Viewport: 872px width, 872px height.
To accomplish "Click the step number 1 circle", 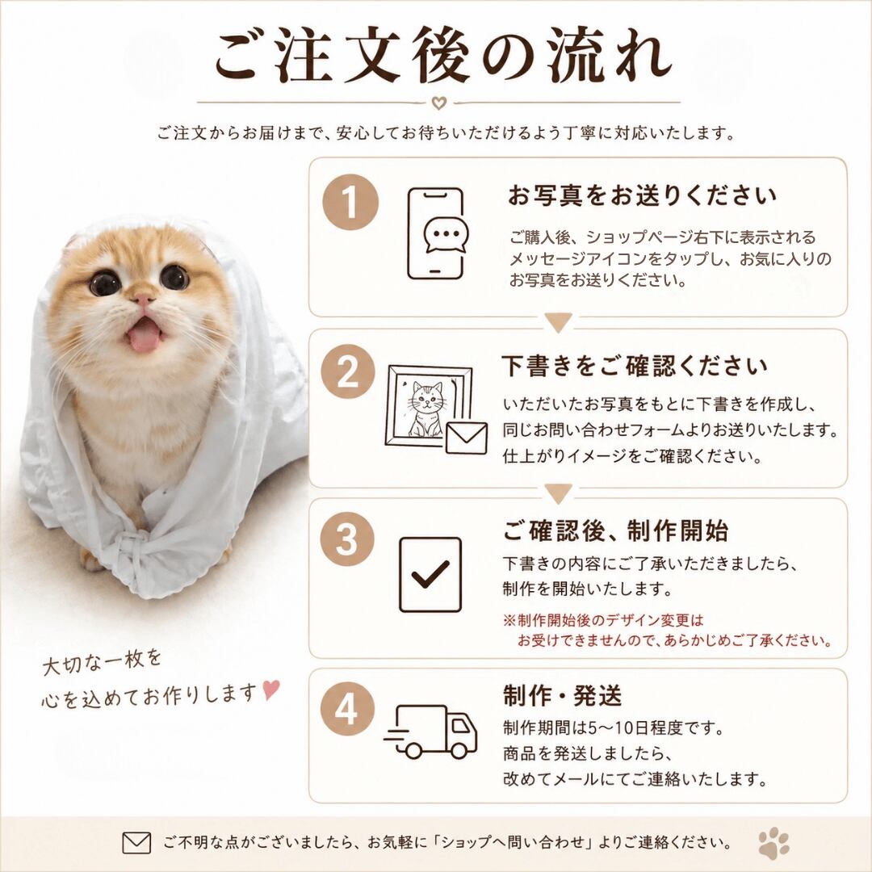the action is coord(350,201).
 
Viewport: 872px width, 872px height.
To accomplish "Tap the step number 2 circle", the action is coord(348,371).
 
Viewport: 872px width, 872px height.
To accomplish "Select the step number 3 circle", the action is coord(347,539).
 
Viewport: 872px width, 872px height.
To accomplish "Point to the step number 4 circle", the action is coord(347,710).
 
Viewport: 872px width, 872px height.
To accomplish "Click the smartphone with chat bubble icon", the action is coord(437,233).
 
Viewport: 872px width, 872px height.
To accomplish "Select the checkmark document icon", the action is coord(430,575).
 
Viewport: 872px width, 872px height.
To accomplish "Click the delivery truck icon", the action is coord(430,732).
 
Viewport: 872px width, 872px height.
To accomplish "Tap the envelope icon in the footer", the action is coord(136,842).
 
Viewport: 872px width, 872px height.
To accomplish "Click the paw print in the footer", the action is coord(773,842).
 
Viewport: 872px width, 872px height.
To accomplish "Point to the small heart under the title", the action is coord(438,103).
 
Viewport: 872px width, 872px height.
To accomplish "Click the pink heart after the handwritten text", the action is coord(270,690).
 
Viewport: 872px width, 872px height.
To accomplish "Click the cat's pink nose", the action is coord(144,300).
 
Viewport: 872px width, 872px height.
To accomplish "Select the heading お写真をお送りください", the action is coord(643,195).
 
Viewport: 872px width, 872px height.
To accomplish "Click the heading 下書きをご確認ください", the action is coord(635,366).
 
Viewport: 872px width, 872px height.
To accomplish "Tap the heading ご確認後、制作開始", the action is coord(615,530).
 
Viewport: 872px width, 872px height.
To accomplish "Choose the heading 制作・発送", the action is coord(562,695).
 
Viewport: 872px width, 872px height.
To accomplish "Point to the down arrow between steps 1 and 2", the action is coord(558,322).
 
